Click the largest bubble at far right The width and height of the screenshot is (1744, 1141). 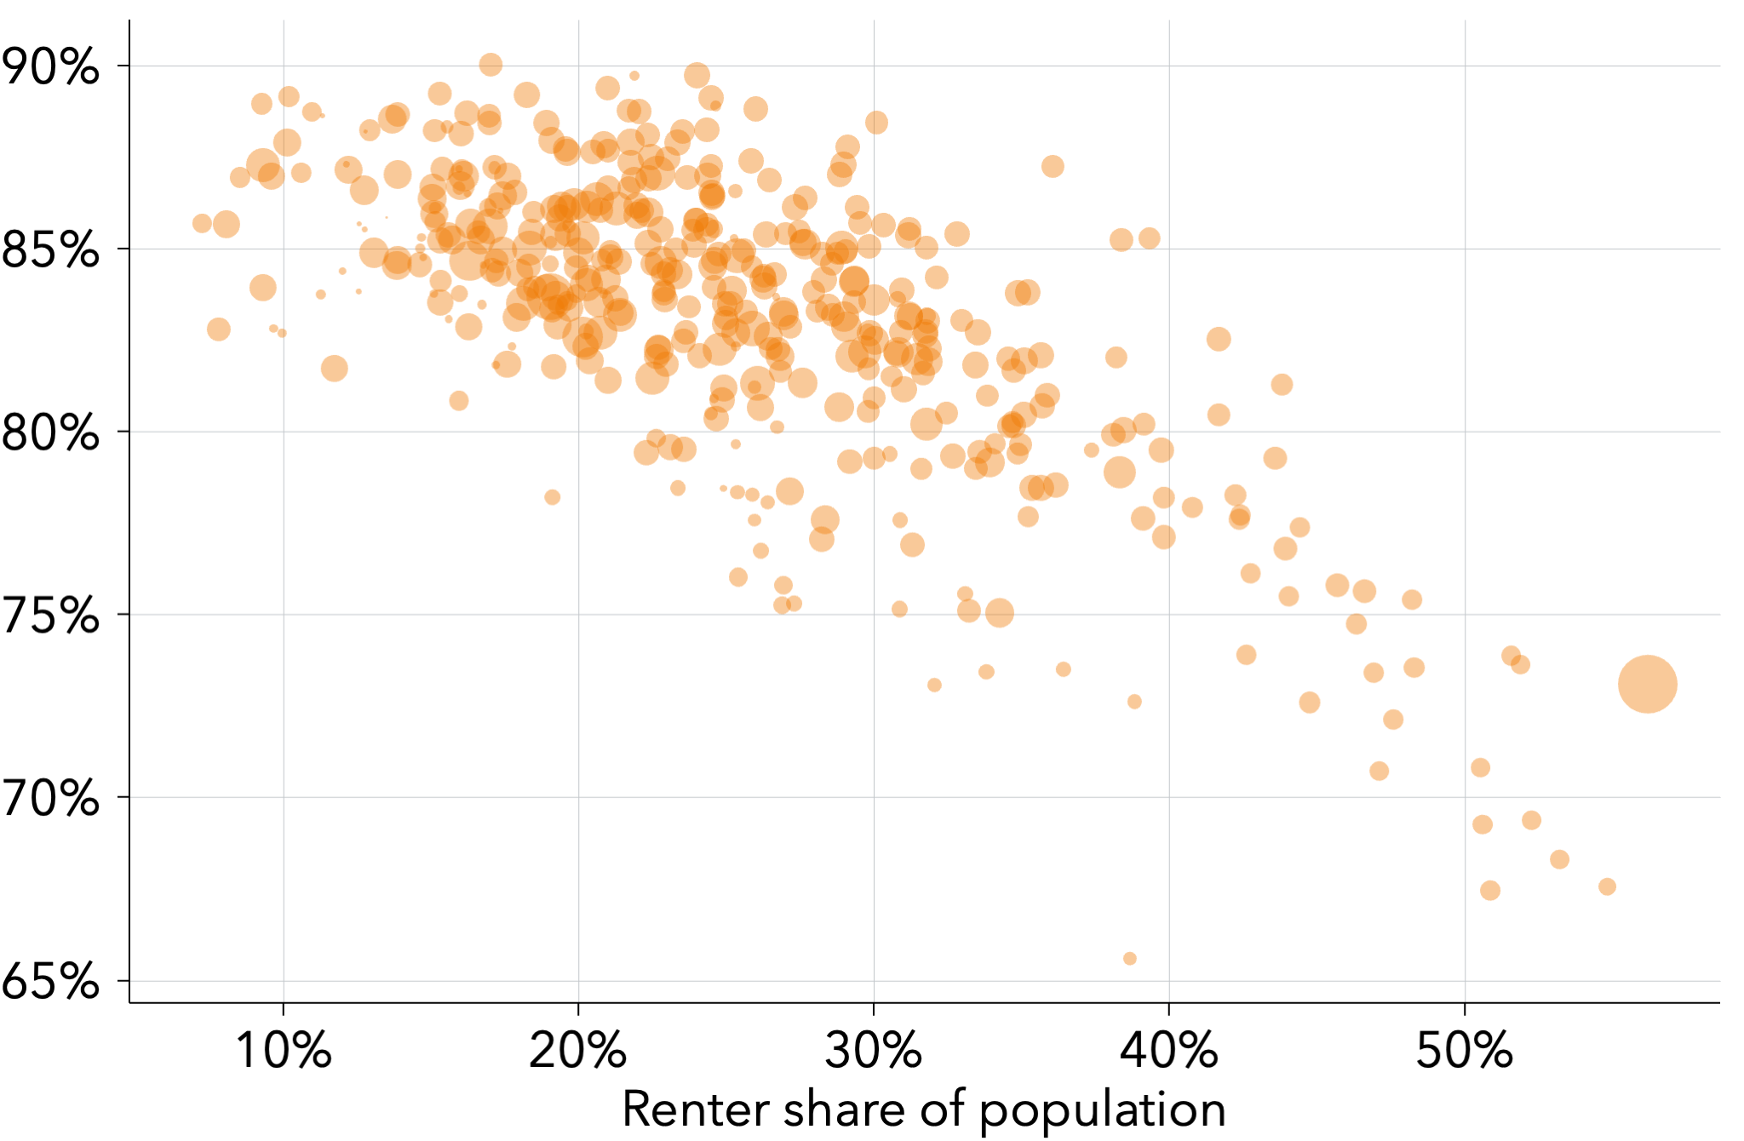tap(1647, 684)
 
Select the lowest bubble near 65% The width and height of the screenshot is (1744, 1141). tap(1130, 959)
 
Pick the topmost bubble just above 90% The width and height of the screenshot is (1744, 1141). tap(490, 65)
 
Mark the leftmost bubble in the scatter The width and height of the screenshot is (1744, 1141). tap(202, 224)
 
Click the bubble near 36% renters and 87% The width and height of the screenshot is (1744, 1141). tap(1053, 167)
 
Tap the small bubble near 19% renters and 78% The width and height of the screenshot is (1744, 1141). tap(553, 497)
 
